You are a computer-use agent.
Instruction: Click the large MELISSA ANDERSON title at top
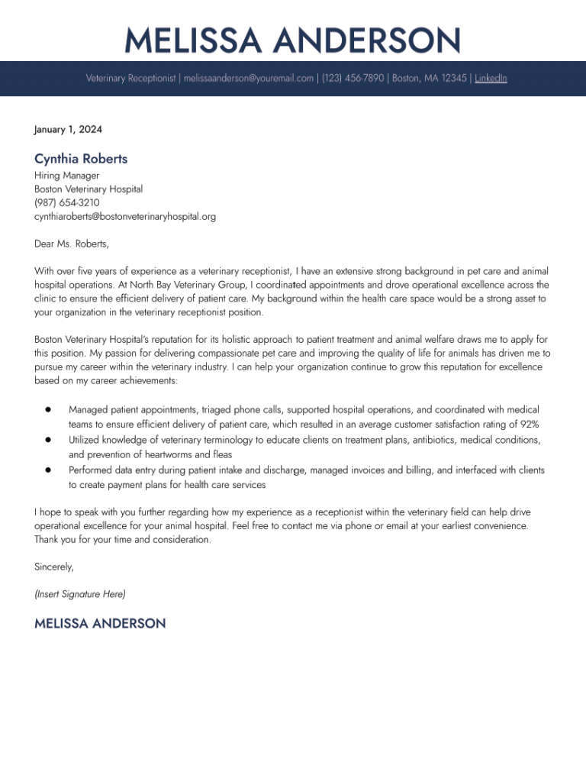293,40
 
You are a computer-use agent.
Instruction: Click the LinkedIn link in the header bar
491,78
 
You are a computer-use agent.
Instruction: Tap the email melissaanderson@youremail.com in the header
249,78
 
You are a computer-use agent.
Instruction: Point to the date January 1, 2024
68,129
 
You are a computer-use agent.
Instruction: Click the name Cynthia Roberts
81,159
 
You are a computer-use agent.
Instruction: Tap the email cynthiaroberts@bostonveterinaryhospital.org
125,216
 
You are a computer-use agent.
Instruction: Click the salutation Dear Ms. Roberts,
72,244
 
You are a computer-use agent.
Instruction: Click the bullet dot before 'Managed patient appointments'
47,409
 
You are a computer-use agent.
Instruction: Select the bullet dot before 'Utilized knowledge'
47,440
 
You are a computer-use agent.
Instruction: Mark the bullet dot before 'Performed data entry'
47,470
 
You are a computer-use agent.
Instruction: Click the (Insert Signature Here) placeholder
80,593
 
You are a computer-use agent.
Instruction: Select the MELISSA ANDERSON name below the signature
100,624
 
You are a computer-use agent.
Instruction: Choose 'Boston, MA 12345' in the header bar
430,78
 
